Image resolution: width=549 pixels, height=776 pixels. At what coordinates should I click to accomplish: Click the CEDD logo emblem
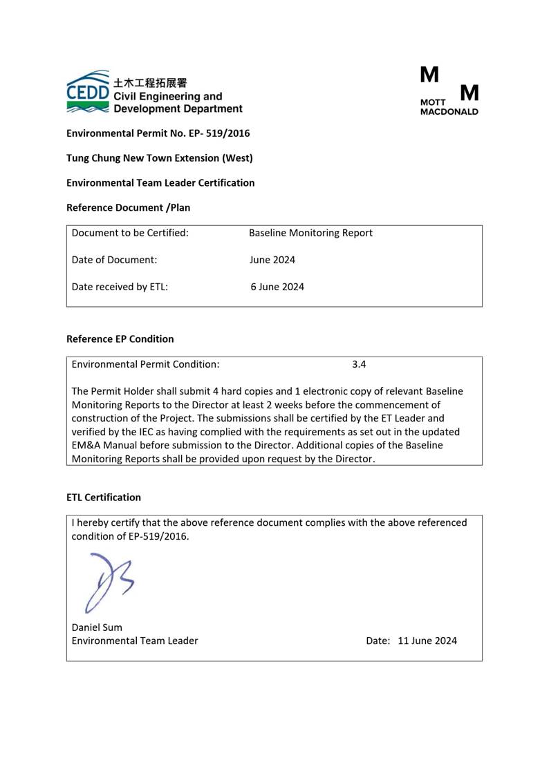click(88, 92)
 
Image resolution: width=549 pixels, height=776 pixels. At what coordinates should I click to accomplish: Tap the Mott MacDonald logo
click(449, 91)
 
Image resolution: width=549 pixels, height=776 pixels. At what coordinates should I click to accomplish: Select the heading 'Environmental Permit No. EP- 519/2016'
click(158, 133)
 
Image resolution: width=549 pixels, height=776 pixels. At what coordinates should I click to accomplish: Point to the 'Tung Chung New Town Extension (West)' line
click(159, 158)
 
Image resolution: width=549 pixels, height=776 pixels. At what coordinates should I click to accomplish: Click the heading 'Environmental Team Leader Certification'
click(160, 183)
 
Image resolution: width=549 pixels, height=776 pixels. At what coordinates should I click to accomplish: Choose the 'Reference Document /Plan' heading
click(128, 207)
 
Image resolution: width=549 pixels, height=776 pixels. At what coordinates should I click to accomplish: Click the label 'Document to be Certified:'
click(130, 234)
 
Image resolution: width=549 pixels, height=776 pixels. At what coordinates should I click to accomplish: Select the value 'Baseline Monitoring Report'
click(310, 234)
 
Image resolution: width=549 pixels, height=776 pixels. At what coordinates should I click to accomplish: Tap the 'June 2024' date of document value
click(272, 261)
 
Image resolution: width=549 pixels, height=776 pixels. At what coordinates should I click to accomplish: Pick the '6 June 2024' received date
click(277, 287)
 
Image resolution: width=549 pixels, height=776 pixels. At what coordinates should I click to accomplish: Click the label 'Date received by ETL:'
click(120, 287)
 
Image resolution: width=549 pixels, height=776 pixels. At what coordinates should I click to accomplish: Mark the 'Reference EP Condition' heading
click(120, 339)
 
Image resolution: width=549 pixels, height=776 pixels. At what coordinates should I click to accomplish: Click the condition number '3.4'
click(359, 364)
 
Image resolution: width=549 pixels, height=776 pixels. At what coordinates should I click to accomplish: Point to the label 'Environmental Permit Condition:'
click(146, 364)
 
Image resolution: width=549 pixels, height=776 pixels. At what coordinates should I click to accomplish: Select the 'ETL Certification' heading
click(104, 498)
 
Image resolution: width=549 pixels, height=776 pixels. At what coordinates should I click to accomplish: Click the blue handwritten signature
click(107, 580)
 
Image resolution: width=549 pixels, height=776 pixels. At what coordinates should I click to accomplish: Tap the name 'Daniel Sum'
click(97, 627)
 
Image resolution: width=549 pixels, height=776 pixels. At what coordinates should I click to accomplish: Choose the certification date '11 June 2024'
click(427, 641)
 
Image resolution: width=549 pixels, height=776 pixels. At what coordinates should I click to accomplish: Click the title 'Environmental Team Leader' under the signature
click(135, 641)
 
